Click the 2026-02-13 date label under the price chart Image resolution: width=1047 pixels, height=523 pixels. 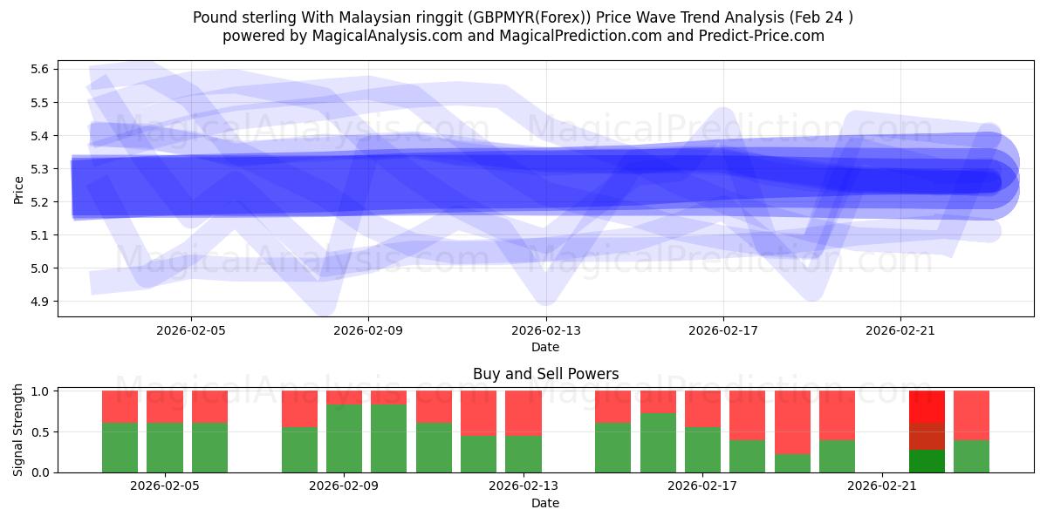545,330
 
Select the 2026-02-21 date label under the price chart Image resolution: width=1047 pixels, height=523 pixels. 900,330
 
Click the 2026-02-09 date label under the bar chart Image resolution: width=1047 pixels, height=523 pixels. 345,486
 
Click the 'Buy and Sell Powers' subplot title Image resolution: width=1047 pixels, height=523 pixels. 545,374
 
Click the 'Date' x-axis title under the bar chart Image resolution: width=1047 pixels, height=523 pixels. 545,503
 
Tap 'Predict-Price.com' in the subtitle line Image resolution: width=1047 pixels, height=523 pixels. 764,36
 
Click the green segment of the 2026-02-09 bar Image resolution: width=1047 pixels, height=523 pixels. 345,438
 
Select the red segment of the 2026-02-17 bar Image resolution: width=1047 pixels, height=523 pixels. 702,409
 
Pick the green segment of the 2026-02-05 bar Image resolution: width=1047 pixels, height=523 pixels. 165,447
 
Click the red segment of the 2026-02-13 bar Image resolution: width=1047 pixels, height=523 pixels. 523,413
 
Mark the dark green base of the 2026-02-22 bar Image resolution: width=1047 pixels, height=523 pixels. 927,461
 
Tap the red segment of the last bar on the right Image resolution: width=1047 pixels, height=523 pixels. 971,415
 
